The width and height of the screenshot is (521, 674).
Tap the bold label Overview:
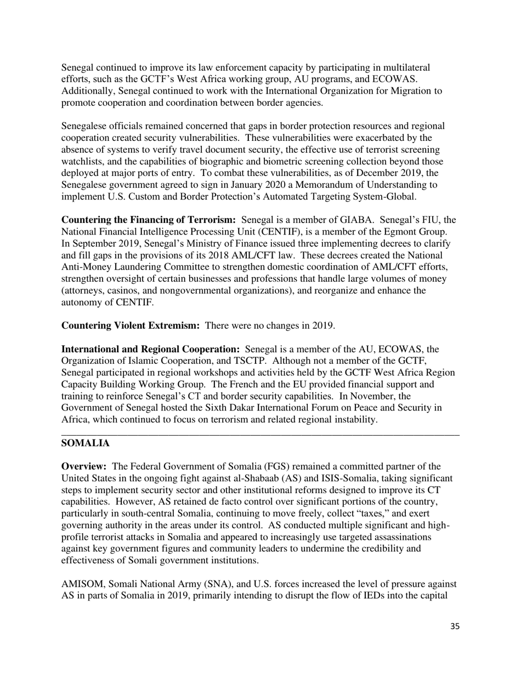[84, 466]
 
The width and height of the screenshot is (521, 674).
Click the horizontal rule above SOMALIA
[260, 434]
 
